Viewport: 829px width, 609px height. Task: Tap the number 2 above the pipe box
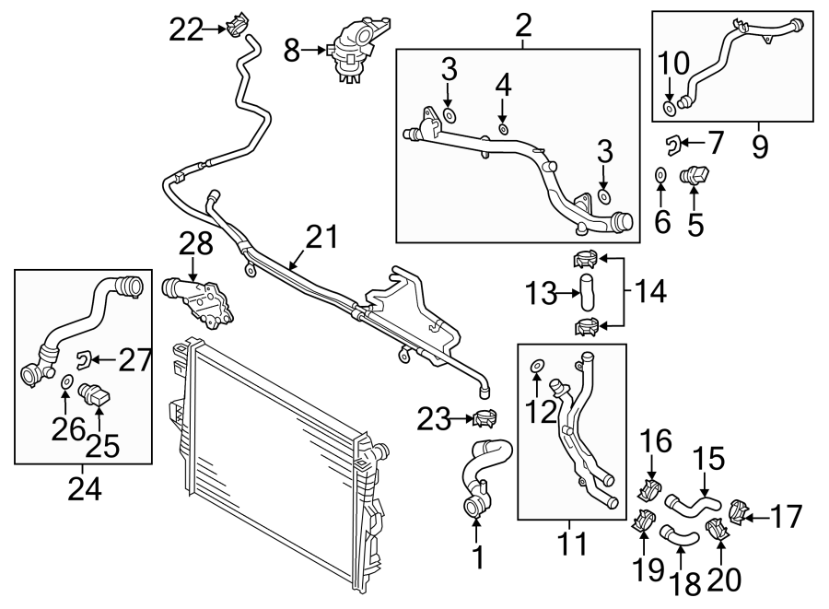[523, 25]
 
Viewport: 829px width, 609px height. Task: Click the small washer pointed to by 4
[503, 129]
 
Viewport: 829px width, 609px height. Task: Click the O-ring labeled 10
[671, 109]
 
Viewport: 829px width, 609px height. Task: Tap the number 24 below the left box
[84, 486]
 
